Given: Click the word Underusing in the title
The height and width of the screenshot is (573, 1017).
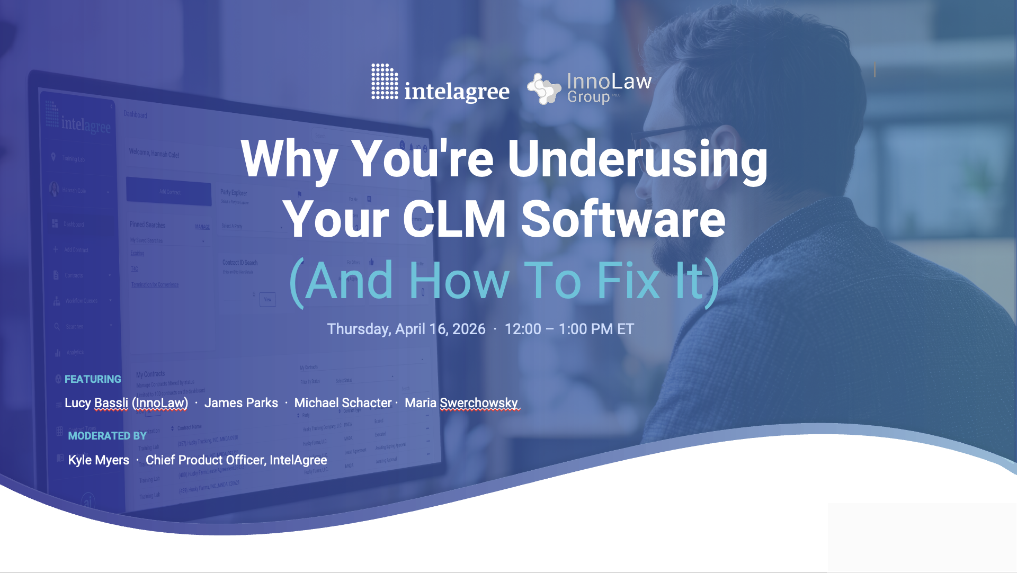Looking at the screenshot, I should [x=637, y=159].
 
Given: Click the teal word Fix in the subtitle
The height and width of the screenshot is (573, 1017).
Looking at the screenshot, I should [x=628, y=281].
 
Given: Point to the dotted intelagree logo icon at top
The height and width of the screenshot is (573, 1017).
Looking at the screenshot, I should [x=385, y=81].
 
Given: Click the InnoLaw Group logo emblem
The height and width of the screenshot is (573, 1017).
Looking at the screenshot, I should [x=544, y=88].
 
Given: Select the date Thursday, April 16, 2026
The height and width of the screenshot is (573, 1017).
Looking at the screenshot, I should [x=406, y=329].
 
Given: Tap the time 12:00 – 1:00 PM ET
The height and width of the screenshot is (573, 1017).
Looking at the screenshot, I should [x=569, y=329].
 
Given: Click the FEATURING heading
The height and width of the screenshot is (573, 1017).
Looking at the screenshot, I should [x=93, y=379].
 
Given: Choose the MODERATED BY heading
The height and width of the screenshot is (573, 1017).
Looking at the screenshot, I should [x=107, y=436].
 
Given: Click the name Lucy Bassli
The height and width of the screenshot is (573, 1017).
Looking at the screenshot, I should [x=96, y=403].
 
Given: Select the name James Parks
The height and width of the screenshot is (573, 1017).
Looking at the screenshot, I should [x=241, y=403].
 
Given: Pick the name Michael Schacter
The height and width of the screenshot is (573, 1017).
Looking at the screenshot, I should [x=343, y=403].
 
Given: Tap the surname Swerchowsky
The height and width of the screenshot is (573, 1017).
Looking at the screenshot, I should [x=479, y=403].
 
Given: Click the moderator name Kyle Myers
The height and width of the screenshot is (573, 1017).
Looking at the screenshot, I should [x=99, y=460].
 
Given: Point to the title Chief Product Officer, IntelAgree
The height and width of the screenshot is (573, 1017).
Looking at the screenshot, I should [x=236, y=460].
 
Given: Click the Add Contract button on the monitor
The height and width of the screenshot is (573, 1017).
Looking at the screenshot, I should [x=169, y=192].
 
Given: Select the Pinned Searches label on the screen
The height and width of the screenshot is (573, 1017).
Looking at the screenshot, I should [x=147, y=225].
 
